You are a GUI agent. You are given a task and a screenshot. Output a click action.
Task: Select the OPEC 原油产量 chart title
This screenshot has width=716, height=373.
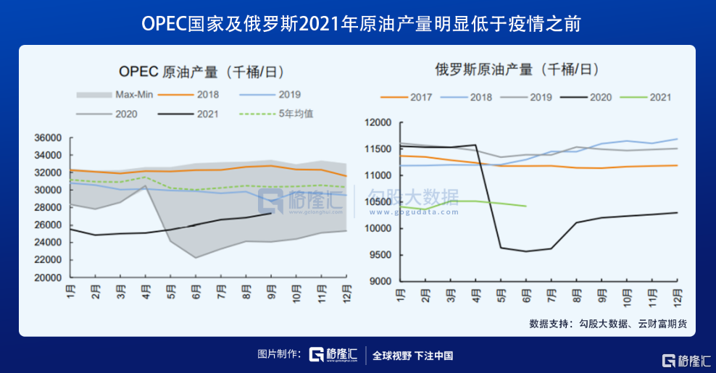pos(201,72)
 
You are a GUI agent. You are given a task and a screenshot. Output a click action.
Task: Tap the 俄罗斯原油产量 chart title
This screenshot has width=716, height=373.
pos(517,70)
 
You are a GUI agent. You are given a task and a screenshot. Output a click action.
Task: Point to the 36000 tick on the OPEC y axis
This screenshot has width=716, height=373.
pos(47,138)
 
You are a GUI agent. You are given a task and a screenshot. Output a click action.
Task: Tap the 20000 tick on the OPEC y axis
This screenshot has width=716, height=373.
pos(47,277)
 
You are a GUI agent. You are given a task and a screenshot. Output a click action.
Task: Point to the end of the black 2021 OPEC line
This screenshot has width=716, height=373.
pos(271,213)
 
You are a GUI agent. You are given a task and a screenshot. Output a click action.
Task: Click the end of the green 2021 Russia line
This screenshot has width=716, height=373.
pos(526,206)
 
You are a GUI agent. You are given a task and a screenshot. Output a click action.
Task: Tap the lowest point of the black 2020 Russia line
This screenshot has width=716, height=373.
pos(526,251)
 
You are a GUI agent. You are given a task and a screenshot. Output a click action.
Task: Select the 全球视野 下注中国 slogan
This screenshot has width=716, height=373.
pos(412,355)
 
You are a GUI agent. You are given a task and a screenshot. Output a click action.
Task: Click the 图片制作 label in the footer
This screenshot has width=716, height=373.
pos(279,354)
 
